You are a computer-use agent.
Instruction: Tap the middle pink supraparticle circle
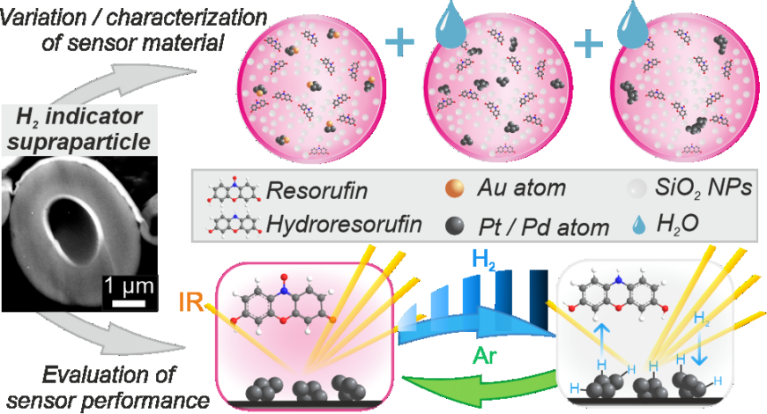489,95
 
